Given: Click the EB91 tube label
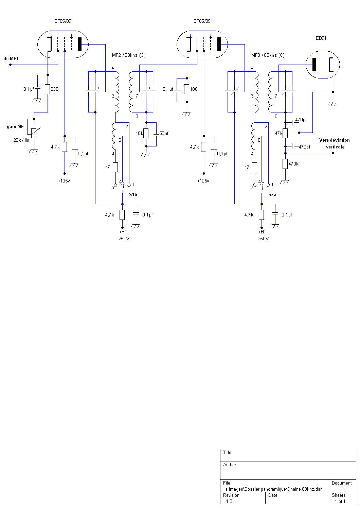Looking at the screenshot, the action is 321,38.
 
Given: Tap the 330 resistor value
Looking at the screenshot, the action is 54,89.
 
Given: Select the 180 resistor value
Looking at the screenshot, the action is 194,89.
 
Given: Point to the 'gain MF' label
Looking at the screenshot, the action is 15,126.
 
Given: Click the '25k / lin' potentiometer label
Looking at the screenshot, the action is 21,140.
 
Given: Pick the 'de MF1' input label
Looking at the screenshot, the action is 11,58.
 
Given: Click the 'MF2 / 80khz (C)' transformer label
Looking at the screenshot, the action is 128,55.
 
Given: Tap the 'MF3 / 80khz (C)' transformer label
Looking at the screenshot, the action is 268,55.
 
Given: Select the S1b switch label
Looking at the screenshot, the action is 133,194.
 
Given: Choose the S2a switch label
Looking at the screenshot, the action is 272,194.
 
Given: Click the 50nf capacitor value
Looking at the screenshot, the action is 164,133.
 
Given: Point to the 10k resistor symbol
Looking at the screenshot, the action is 146,133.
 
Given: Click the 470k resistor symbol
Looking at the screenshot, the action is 285,164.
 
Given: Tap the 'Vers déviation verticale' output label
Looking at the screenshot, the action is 335,143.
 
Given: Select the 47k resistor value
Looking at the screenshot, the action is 278,133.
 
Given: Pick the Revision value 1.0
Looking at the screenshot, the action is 229,501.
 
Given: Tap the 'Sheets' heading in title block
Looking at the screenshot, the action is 339,495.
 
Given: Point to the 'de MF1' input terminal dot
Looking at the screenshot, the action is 10,65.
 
